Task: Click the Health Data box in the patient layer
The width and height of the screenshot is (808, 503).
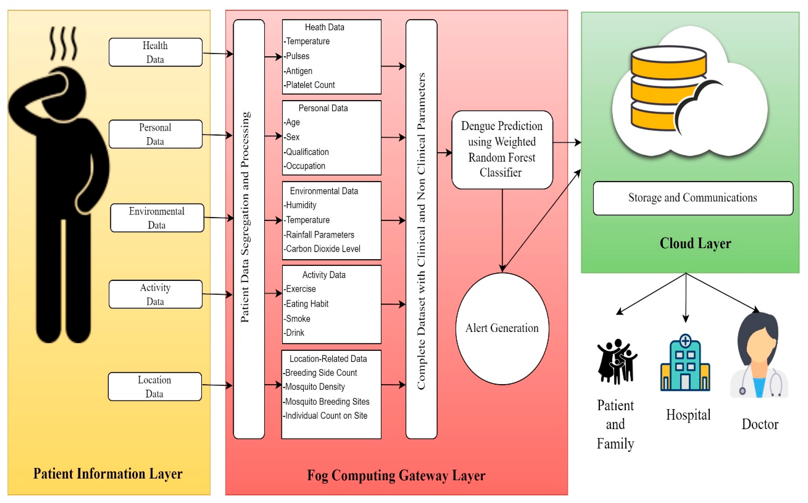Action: (155, 52)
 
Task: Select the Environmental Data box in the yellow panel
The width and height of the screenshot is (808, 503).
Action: (157, 218)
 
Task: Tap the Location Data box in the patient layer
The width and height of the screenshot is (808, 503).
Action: (155, 387)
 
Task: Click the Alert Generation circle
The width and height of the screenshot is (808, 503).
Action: (502, 328)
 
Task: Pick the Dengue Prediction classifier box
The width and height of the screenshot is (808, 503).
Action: (502, 150)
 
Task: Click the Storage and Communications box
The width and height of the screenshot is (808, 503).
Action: (693, 198)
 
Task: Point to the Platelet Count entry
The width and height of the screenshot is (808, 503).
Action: (310, 85)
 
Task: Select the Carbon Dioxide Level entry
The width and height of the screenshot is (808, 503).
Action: (322, 249)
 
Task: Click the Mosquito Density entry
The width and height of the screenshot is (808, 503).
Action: (315, 387)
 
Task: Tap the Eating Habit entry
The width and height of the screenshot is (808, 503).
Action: (307, 304)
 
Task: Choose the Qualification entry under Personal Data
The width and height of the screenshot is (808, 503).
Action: (307, 152)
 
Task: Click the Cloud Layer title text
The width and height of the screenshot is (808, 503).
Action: (695, 243)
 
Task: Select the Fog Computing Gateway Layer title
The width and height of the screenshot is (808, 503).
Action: (396, 476)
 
